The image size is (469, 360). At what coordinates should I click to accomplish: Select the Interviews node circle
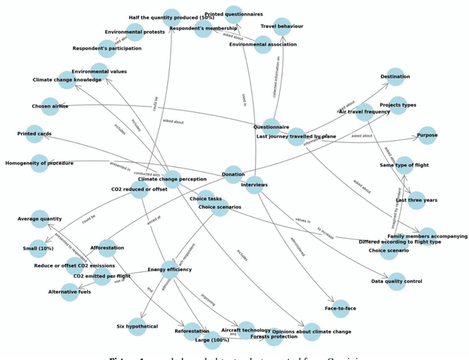point(254,185)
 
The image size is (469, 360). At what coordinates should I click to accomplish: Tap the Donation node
point(233,175)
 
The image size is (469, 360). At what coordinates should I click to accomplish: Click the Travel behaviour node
point(282,26)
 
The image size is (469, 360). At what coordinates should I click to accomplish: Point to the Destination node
point(395,76)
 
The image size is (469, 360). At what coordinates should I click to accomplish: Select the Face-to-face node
point(340,309)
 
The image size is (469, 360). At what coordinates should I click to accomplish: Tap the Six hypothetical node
point(137,327)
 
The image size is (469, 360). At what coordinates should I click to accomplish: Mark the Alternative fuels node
point(70,293)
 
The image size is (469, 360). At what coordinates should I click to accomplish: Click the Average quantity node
point(40,218)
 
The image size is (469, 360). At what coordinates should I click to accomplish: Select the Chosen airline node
point(50,106)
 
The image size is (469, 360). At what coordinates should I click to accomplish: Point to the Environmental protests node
point(135,32)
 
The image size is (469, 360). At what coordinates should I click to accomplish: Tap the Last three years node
point(416,200)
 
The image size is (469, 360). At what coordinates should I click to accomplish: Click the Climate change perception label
point(172,180)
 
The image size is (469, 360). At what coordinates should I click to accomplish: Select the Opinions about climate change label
point(311,332)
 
